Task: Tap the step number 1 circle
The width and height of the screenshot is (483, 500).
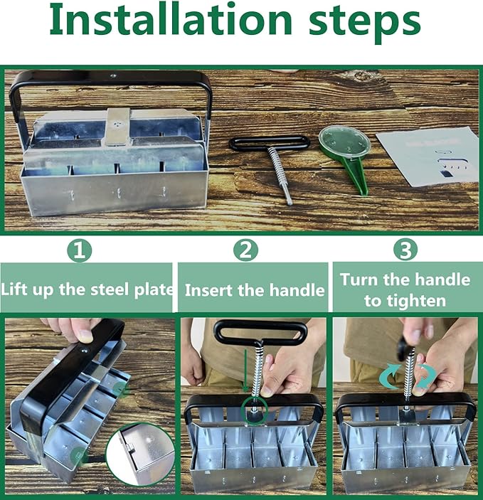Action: [x=80, y=250]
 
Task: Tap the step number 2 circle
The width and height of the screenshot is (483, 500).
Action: [x=246, y=250]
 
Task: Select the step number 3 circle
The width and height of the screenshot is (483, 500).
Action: [x=405, y=250]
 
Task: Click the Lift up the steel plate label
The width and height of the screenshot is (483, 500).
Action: [x=87, y=289]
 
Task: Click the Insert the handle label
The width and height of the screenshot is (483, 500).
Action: [x=255, y=289]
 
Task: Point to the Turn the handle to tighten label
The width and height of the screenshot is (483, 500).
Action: [x=405, y=289]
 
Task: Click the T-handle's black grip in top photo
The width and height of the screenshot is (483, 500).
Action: [x=269, y=143]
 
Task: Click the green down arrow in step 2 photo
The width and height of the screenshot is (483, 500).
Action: [x=246, y=373]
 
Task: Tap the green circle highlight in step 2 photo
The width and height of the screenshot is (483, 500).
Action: [x=253, y=409]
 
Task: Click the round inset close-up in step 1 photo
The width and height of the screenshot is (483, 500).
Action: [x=139, y=455]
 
